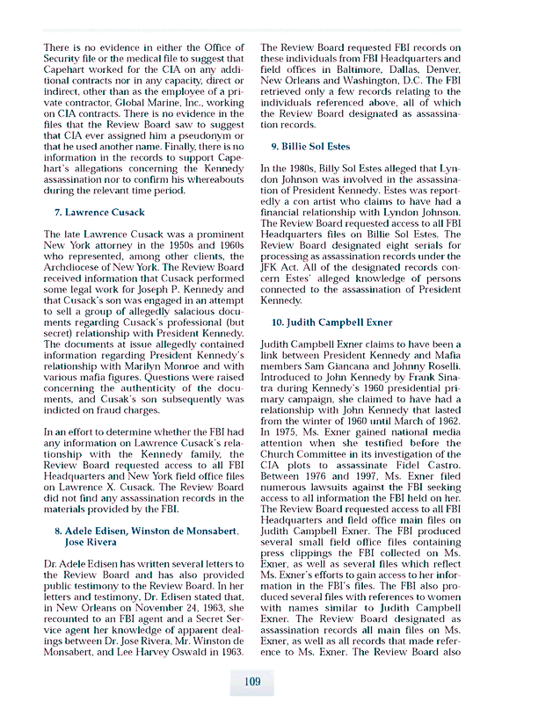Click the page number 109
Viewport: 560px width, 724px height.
[x=252, y=681]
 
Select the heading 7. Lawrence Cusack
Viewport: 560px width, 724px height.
[x=99, y=212]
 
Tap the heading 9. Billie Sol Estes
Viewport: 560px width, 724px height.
[x=309, y=146]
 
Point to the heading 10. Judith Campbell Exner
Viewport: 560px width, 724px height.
[x=331, y=322]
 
